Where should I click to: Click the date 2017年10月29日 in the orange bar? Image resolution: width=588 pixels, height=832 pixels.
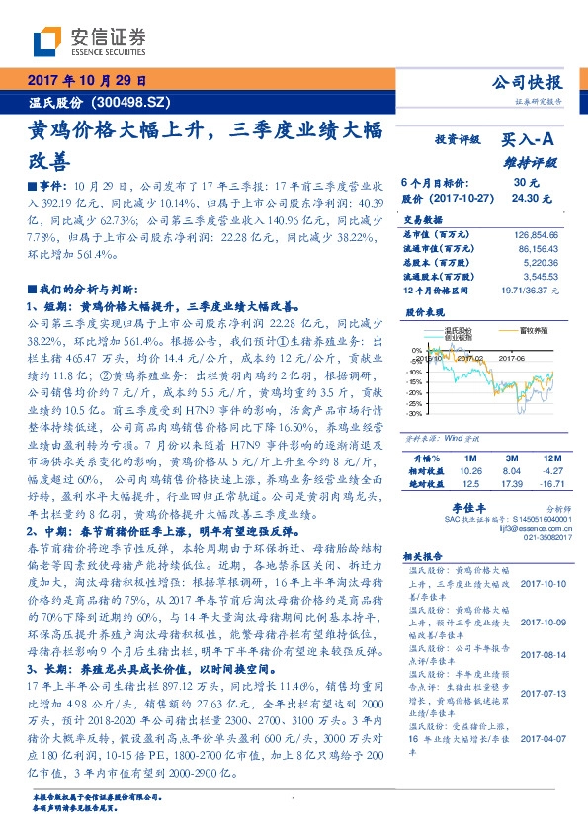click(x=83, y=81)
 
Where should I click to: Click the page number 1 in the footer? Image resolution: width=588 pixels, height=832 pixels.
click(x=294, y=800)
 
